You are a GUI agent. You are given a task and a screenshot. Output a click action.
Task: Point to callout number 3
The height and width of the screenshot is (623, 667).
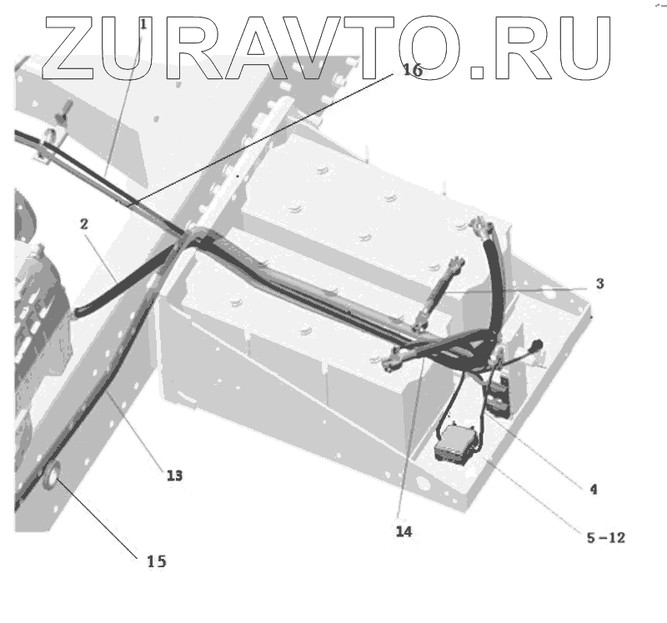(599, 283)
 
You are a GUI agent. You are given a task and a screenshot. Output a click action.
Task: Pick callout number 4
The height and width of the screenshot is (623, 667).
(594, 490)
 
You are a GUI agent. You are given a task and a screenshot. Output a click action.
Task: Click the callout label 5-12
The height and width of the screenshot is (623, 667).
(606, 538)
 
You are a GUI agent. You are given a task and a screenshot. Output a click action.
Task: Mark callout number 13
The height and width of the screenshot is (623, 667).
(173, 476)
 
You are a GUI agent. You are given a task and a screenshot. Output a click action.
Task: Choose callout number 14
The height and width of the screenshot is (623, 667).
(404, 530)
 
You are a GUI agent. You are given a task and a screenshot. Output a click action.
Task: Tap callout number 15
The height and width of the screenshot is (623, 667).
(156, 561)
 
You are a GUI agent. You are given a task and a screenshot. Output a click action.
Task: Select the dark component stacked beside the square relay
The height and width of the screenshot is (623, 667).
(499, 396)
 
